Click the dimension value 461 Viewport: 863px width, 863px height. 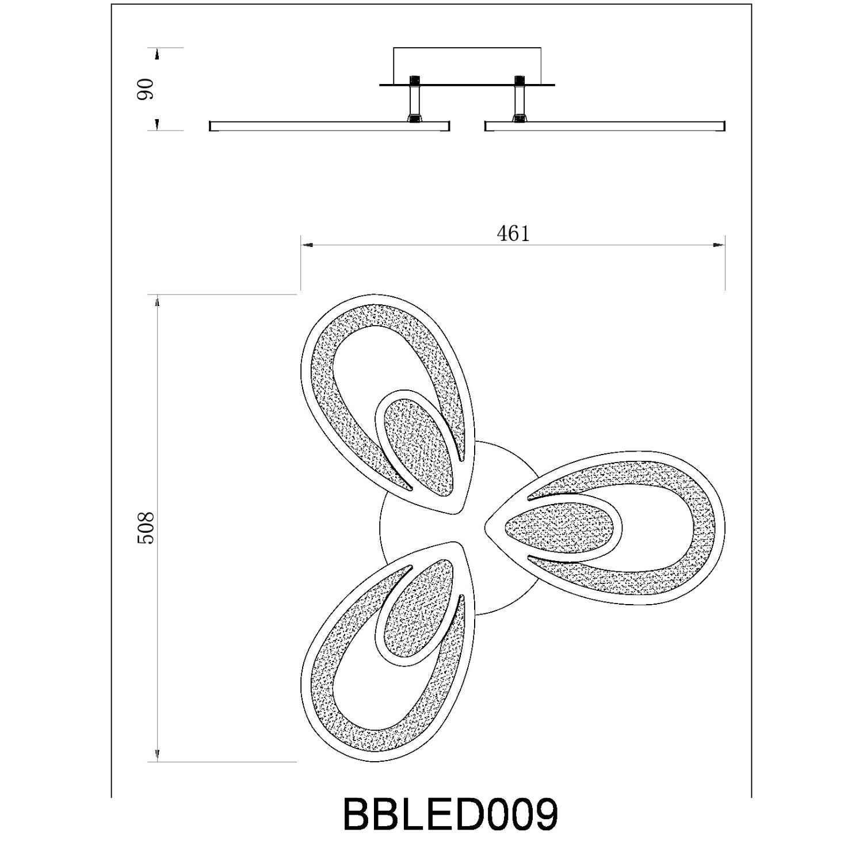513,234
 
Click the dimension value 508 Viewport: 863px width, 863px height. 146,528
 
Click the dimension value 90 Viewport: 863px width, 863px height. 146,89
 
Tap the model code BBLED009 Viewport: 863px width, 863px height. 450,815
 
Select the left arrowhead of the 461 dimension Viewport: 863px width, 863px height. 306,246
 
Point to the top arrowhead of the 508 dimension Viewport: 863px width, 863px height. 157,301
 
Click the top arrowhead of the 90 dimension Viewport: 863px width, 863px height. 157,54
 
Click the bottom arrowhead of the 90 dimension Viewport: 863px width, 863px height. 157,124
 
